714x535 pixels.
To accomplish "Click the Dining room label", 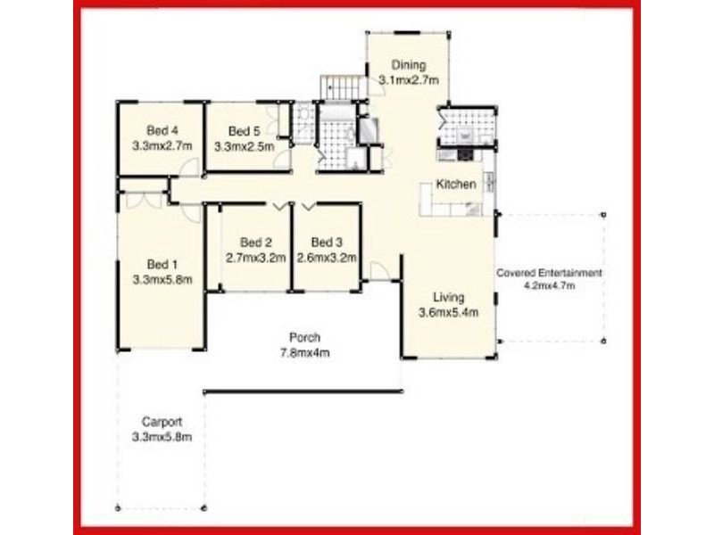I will [x=408, y=65].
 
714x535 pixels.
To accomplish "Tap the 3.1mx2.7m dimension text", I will [x=408, y=79].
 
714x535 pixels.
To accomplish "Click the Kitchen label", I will [x=455, y=185].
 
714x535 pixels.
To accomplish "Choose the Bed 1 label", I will [x=162, y=264].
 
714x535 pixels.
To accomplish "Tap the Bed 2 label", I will [x=255, y=243].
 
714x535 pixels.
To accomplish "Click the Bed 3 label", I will [x=327, y=243].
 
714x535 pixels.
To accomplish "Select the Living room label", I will [x=449, y=298].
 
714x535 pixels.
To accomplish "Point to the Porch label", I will [x=304, y=337].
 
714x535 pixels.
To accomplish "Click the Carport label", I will [x=162, y=422].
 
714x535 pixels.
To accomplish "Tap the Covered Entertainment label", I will [x=549, y=273].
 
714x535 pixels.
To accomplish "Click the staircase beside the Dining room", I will [x=344, y=87].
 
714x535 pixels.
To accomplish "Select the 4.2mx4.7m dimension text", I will [x=549, y=286].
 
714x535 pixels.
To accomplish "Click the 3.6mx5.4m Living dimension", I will [x=449, y=312].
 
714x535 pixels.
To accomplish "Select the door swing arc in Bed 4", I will [x=188, y=169].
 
